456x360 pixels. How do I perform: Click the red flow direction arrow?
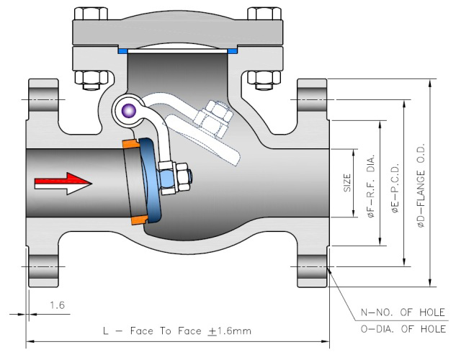[63, 184]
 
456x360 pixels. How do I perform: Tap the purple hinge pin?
[129, 110]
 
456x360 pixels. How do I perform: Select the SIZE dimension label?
[347, 183]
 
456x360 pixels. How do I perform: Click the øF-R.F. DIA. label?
[371, 186]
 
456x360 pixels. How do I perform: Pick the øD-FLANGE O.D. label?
[421, 185]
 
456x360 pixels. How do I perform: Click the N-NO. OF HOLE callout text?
[403, 312]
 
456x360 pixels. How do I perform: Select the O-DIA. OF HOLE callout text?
[403, 329]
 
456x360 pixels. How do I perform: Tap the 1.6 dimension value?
[57, 305]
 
